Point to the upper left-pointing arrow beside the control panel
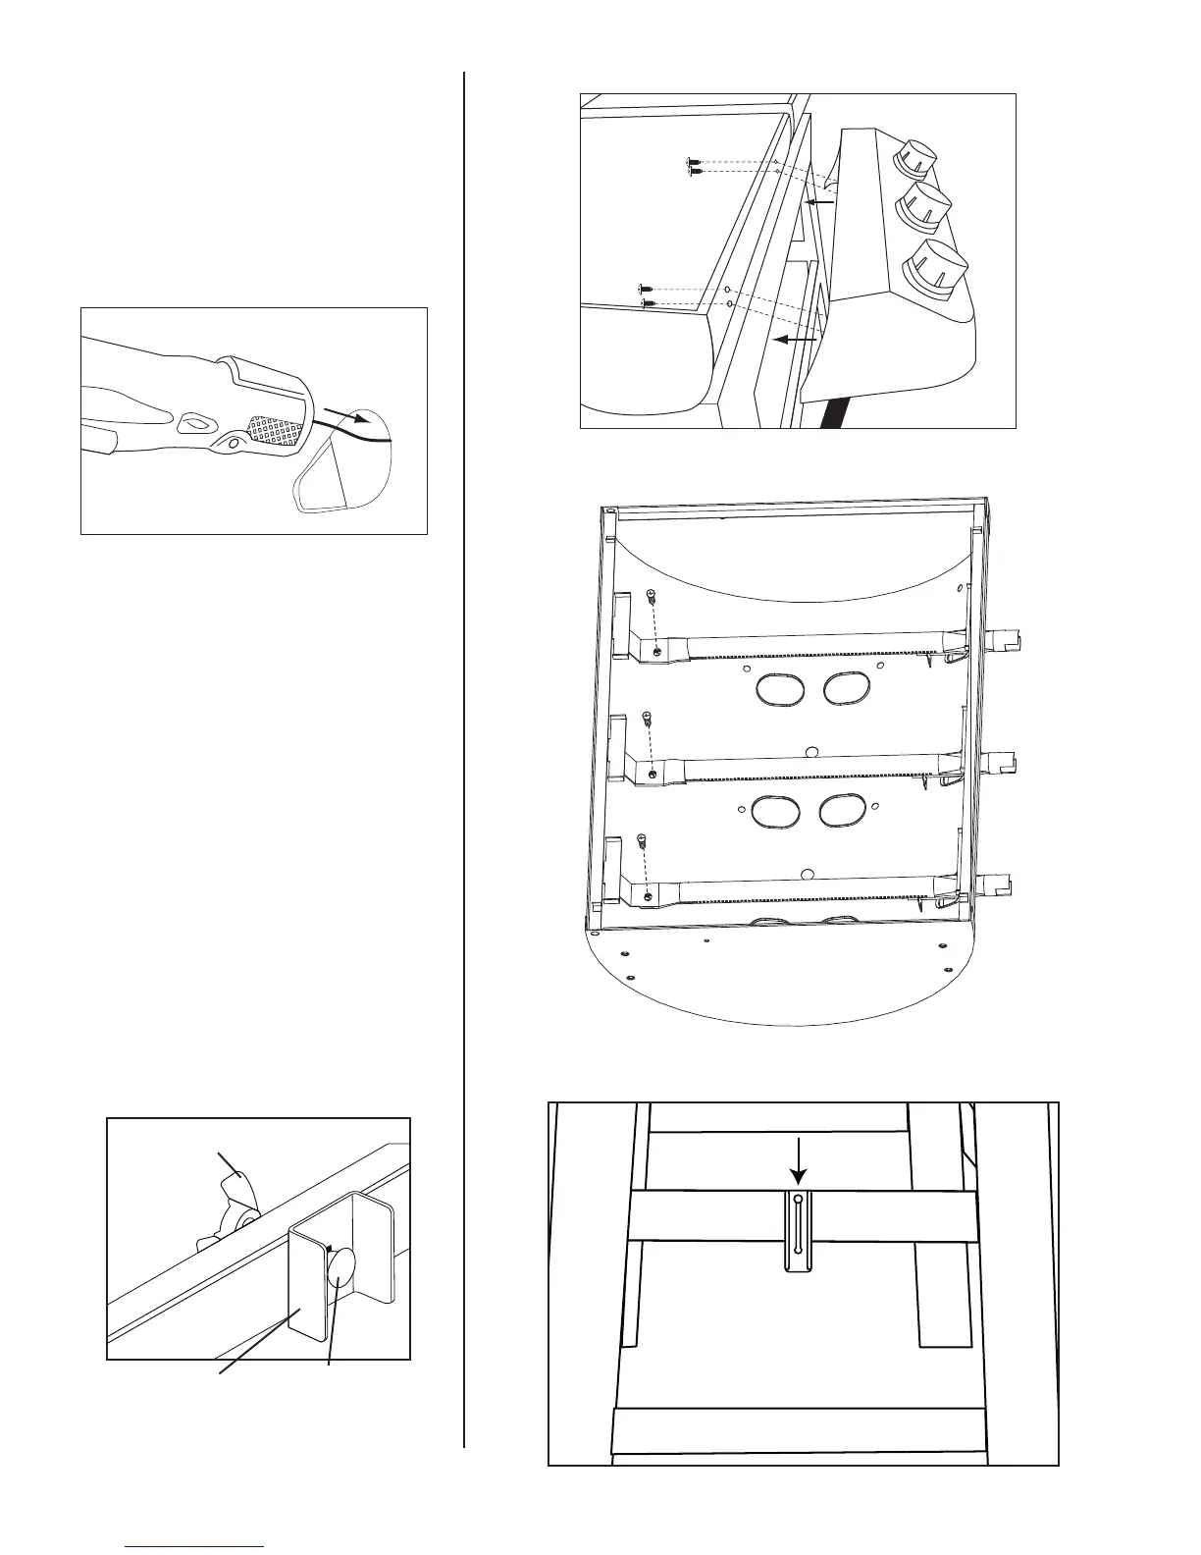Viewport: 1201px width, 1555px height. (818, 201)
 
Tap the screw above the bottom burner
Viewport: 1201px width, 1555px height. (640, 839)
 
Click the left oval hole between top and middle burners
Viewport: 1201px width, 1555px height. (781, 688)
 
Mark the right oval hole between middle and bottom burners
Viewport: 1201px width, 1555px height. (842, 810)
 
